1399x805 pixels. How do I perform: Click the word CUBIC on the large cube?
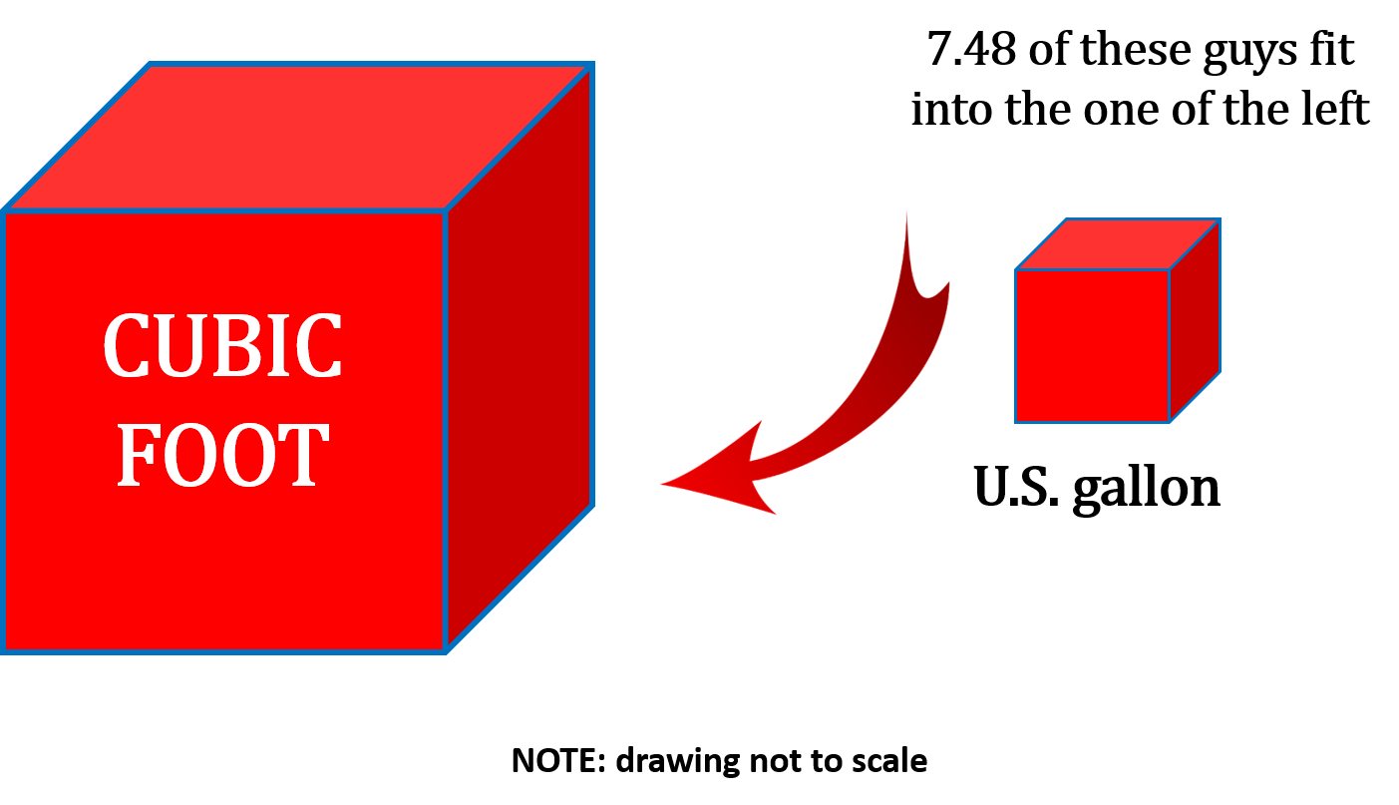tap(222, 345)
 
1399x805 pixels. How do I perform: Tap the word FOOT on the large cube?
tap(222, 456)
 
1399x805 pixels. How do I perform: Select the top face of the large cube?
tap(299, 138)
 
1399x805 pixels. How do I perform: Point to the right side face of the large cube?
tap(520, 359)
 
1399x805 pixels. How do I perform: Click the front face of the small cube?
tap(1092, 345)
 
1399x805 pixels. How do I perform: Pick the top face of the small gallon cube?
tap(1118, 244)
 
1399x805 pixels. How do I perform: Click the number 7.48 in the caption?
tap(972, 50)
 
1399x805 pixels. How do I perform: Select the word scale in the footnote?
tap(889, 761)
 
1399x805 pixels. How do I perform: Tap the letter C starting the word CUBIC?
tap(127, 345)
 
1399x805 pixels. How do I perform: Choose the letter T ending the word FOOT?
tap(305, 456)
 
